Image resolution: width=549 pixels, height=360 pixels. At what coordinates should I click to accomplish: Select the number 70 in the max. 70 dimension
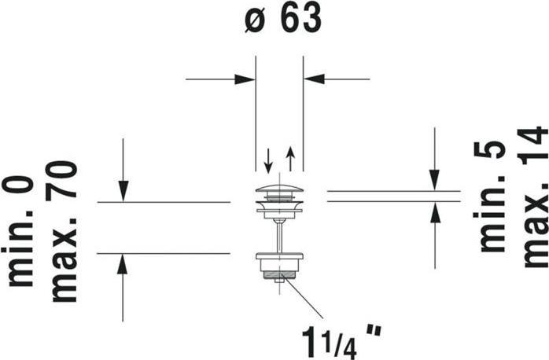tap(61, 179)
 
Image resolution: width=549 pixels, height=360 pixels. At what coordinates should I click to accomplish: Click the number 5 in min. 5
tap(489, 149)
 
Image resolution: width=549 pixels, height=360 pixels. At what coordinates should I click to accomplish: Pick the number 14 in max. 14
tap(533, 145)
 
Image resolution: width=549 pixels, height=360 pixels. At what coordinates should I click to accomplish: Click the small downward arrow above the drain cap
tap(268, 161)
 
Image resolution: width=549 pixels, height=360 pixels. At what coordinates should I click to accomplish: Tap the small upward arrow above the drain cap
tap(290, 159)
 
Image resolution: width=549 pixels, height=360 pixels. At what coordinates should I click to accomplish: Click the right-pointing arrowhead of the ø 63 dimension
tap(245, 79)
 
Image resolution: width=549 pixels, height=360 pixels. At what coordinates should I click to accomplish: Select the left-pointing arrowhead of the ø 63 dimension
tap(314, 79)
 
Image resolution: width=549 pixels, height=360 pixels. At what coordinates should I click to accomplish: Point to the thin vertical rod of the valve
tap(279, 237)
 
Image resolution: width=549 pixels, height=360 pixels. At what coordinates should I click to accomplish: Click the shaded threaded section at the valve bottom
tap(279, 275)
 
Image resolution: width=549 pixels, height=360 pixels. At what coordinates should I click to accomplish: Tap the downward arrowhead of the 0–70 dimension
tap(123, 191)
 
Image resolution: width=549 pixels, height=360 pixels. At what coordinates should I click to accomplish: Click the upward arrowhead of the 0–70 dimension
tap(122, 264)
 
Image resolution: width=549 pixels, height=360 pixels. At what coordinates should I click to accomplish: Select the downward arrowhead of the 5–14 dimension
tap(434, 180)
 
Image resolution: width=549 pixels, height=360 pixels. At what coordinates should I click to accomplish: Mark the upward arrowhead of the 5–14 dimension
tap(434, 212)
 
